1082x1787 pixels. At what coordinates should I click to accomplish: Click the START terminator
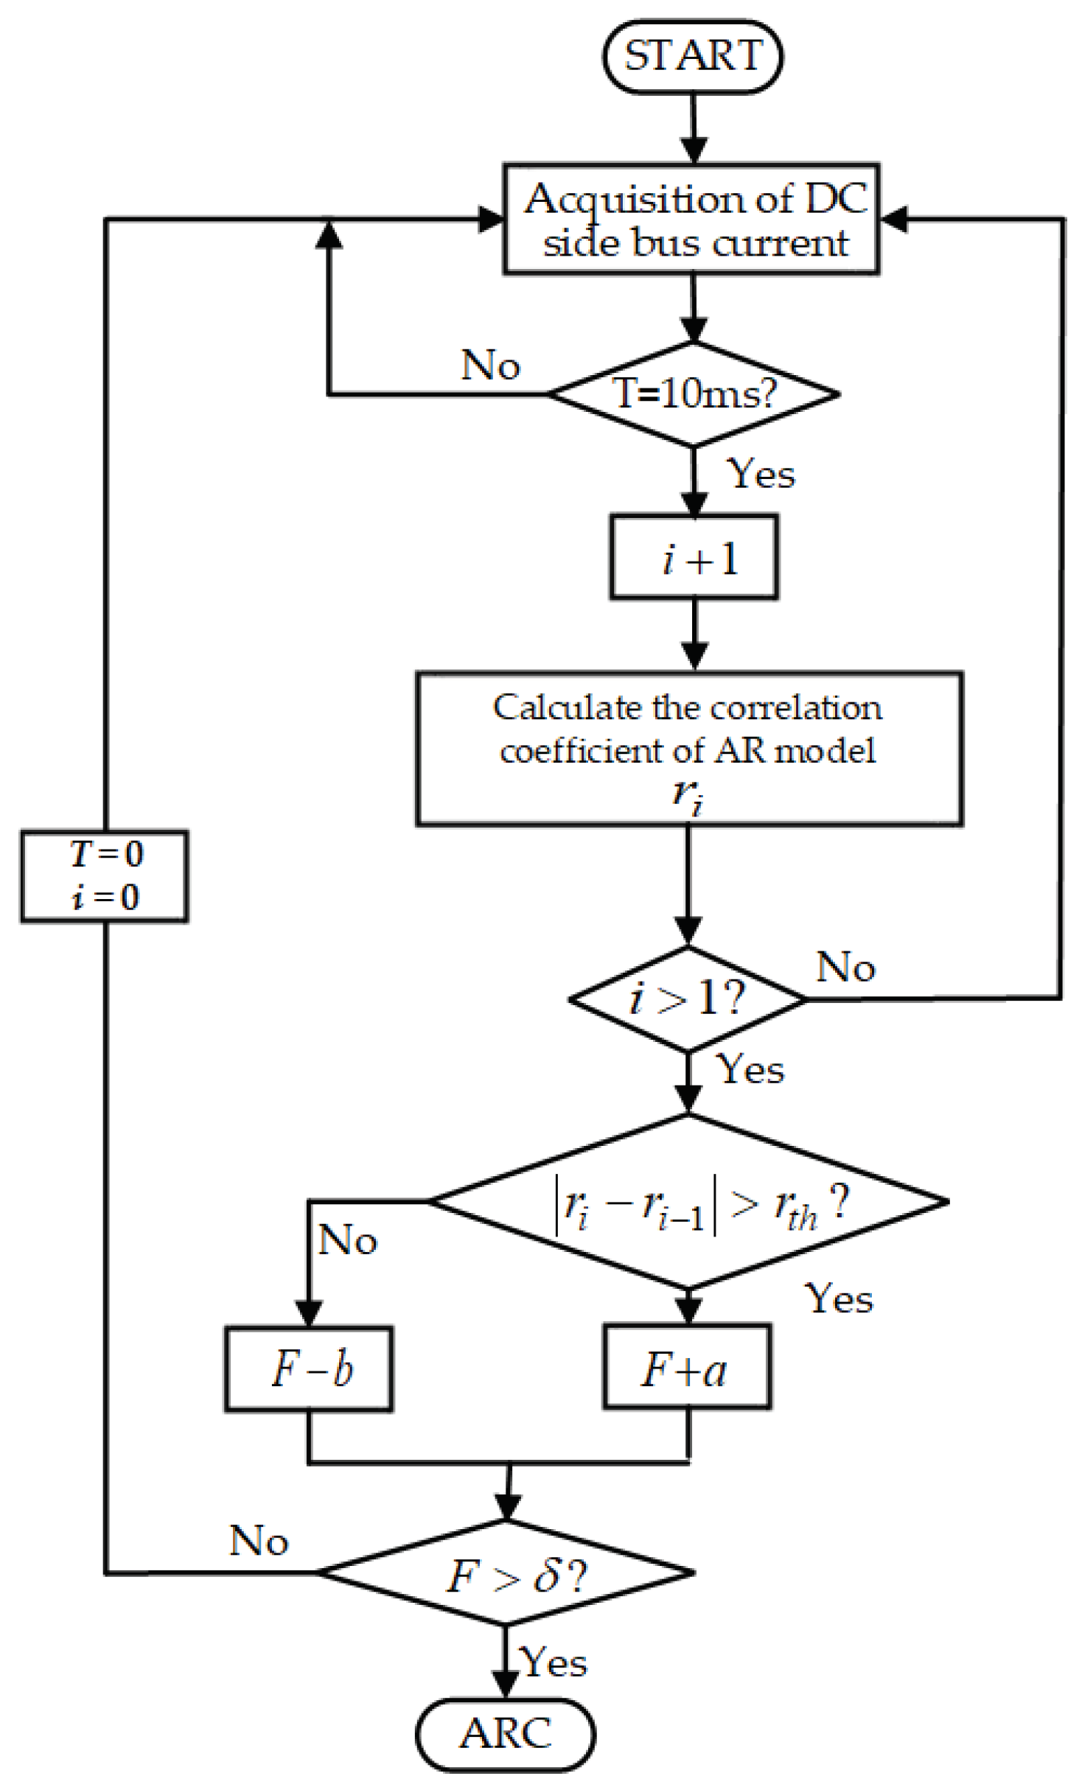692,57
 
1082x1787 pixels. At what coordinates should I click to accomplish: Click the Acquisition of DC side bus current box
691,220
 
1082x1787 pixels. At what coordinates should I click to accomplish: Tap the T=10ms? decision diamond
693,394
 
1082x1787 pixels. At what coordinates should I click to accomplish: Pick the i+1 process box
694,557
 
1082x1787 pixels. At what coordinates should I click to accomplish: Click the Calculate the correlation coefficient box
689,748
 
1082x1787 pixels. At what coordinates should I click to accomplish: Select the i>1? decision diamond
687,999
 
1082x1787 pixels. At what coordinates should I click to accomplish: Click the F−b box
309,1369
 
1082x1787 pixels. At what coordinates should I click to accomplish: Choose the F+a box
687,1368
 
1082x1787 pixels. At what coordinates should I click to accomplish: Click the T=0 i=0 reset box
104,876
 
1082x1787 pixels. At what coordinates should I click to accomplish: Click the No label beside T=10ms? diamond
491,365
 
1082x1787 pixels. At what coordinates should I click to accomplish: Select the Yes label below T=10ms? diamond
761,474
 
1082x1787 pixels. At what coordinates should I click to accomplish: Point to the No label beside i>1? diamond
846,967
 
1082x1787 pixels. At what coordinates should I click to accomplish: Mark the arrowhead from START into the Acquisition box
693,150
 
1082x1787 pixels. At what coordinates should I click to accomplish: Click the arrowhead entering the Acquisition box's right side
893,219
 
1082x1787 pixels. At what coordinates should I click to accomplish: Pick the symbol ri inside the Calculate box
687,797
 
